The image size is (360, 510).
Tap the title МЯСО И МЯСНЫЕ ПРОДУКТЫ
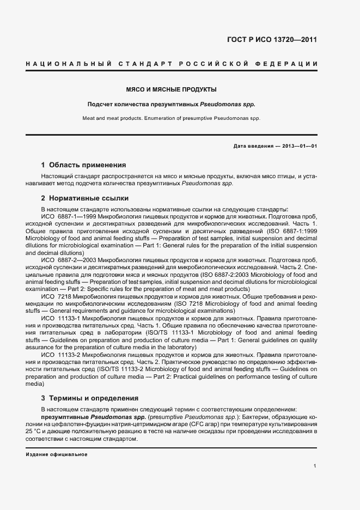(x=172, y=89)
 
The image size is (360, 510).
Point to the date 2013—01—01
(x=298, y=147)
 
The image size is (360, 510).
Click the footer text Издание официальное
(x=57, y=454)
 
